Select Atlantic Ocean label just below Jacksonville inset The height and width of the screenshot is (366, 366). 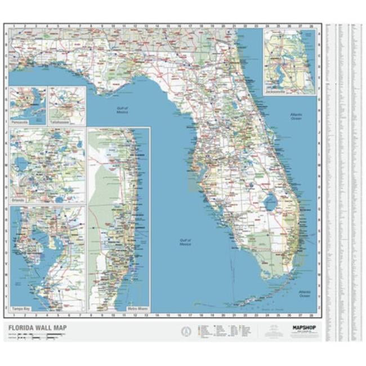pos(296,117)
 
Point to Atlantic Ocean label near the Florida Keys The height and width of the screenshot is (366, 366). pos(305,294)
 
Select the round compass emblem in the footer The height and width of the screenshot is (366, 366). pos(184,331)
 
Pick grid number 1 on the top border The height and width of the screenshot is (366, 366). pos(12,26)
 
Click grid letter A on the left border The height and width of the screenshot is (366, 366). pos(6,33)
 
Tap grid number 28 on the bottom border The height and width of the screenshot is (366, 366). pos(311,316)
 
